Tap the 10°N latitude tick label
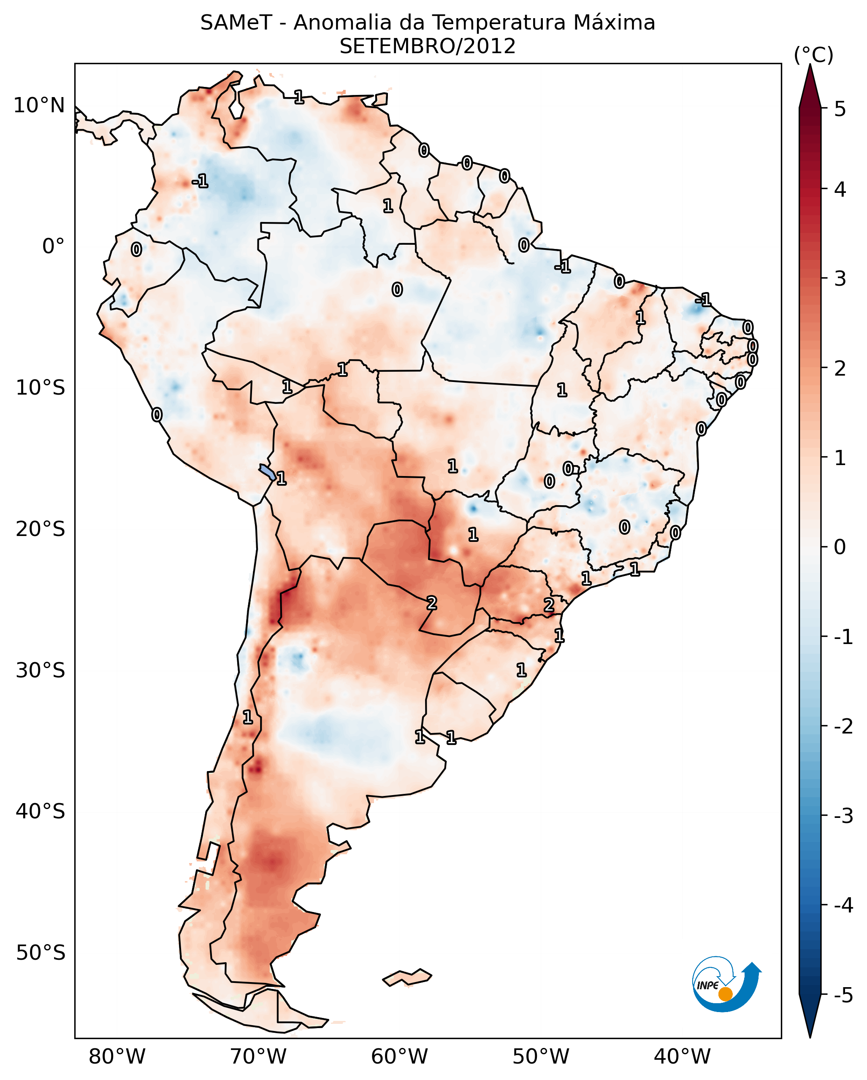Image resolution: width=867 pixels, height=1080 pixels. [x=39, y=106]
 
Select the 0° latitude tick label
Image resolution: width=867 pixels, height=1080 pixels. [x=54, y=246]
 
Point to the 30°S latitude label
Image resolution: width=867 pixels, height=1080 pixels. [x=41, y=670]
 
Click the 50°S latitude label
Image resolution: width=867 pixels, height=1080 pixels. [x=41, y=953]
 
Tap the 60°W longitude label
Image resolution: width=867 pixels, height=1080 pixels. [x=399, y=1057]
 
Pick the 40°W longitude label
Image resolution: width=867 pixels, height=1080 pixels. [x=682, y=1057]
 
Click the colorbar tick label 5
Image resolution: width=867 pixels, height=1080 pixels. [x=840, y=109]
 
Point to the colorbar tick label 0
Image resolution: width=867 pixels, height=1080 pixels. [x=840, y=547]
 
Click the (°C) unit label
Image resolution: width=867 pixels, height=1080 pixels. [x=813, y=55]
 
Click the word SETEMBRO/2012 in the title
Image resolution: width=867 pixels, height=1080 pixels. [x=428, y=46]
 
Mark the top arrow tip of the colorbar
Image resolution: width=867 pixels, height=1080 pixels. [x=810, y=64]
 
